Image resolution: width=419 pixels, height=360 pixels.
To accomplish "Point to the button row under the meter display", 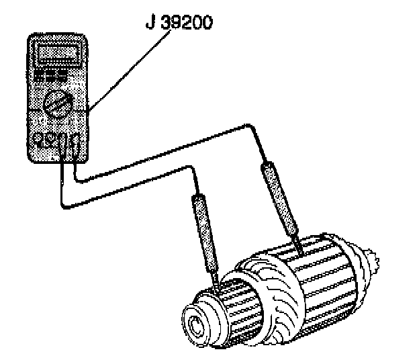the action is coord(53,71).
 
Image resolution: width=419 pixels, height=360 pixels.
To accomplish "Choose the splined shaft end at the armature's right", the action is coord(370,259).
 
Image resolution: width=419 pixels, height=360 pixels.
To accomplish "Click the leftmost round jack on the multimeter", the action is coord(38,140).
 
